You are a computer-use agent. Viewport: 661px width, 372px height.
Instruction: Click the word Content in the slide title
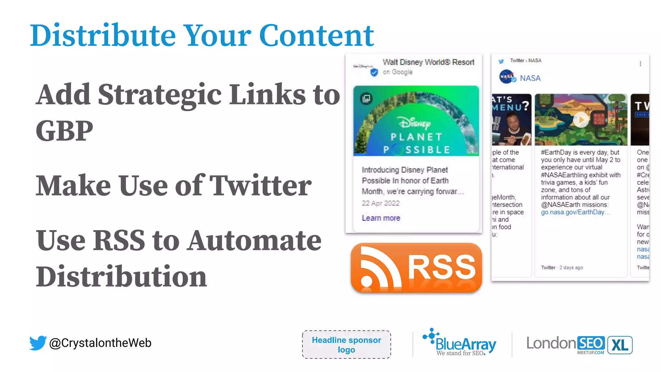coord(316,36)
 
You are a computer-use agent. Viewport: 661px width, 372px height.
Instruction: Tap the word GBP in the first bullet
coord(65,131)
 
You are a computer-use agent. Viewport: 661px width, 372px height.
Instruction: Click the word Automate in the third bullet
coord(255,241)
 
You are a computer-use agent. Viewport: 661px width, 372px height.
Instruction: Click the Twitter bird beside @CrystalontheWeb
coord(38,343)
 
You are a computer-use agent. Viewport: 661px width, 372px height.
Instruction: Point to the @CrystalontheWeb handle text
coord(100,343)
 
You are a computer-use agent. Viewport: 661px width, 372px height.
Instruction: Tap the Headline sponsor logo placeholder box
coord(346,345)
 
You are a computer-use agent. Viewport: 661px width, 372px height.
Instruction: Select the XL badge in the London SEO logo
coord(620,345)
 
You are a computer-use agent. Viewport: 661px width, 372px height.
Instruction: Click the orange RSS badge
coord(416,268)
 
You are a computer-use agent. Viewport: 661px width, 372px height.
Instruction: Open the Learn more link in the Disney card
coord(381,218)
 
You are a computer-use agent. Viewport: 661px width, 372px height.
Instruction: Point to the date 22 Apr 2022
coord(381,203)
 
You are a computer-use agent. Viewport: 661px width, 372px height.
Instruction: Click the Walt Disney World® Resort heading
coord(428,62)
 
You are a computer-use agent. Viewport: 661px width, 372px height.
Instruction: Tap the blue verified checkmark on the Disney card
coord(374,72)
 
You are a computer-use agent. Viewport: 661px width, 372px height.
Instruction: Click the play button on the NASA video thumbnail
coord(581,120)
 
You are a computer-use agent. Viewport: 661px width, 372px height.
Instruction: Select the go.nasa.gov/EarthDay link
coord(573,212)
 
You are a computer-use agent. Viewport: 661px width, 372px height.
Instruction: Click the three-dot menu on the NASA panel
coord(640,64)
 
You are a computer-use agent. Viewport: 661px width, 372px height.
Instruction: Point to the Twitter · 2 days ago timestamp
coord(562,267)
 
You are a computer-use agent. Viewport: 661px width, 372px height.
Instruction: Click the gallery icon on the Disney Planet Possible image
coord(366,98)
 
